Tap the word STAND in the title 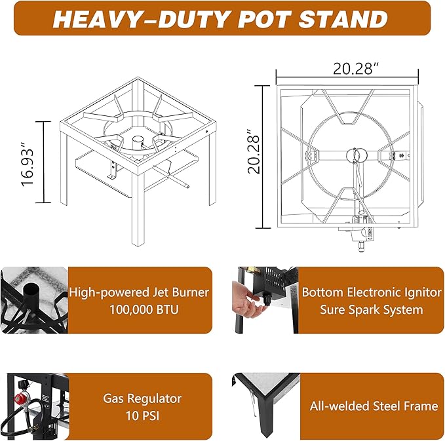343,19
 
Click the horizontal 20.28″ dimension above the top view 356,69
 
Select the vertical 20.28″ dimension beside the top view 254,151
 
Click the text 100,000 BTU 144,309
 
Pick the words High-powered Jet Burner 139,292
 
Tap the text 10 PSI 142,415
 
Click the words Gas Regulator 142,398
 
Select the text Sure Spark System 372,309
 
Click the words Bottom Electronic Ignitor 372,292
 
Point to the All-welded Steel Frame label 374,406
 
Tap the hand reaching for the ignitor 248,299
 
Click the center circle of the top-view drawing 357,155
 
